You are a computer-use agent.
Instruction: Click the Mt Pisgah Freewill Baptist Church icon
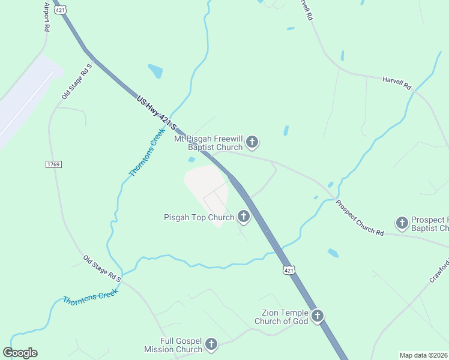point(253,142)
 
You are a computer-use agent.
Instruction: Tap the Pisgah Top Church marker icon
point(244,216)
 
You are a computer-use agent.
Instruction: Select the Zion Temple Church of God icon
point(318,316)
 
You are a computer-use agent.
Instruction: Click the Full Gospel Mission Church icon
point(211,344)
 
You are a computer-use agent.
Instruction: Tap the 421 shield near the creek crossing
point(290,271)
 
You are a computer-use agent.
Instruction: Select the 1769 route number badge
point(53,164)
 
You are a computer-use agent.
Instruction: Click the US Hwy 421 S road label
point(157,113)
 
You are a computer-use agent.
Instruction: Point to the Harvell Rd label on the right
point(397,83)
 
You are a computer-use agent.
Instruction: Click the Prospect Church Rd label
point(359,217)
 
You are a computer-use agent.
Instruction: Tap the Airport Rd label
point(46,16)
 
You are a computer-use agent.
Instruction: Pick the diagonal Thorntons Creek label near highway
point(146,155)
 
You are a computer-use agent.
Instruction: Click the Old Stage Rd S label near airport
point(76,81)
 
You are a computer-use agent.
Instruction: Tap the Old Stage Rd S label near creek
point(103,269)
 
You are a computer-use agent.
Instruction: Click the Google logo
point(20,353)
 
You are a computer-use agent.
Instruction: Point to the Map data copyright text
point(423,355)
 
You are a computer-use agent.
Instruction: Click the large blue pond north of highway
point(155,71)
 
